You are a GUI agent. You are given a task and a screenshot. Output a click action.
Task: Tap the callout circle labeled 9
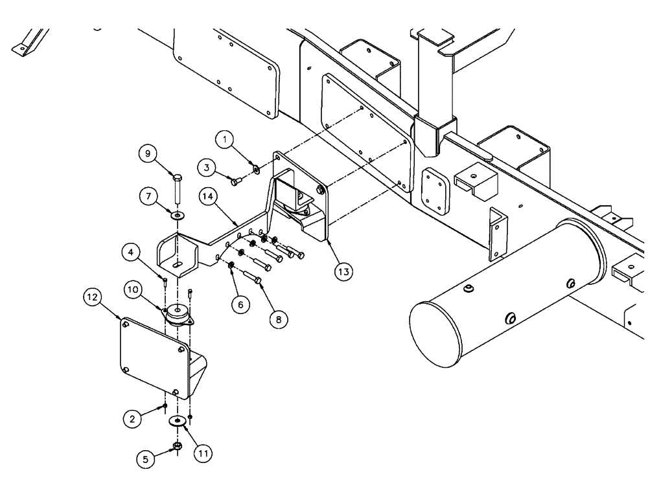tap(148, 155)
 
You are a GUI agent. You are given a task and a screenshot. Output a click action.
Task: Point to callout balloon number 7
tap(148, 196)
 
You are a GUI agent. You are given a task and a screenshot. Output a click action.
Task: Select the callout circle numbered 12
tap(93, 298)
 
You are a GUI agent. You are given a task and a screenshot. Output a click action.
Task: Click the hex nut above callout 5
tap(177, 446)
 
